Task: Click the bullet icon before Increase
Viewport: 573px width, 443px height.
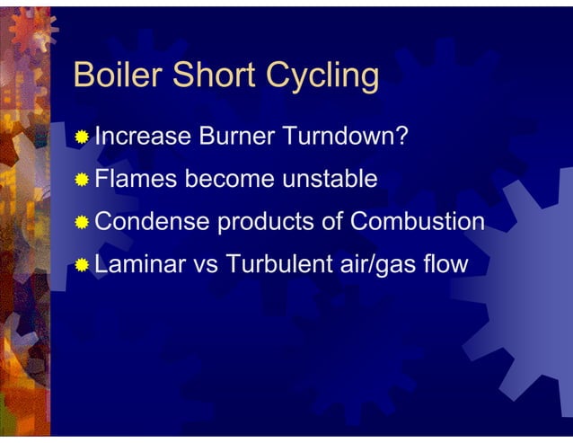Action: click(83, 137)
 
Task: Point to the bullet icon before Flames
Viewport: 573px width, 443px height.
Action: click(83, 180)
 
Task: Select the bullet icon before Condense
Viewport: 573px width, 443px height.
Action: click(83, 222)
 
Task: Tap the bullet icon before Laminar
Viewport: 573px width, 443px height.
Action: click(83, 265)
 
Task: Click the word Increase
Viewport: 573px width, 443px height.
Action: click(143, 137)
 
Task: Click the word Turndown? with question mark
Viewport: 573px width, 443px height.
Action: click(347, 137)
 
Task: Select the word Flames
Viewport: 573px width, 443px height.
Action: click(137, 179)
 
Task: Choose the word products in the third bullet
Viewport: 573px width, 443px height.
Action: click(263, 223)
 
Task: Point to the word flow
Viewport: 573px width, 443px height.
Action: click(445, 264)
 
